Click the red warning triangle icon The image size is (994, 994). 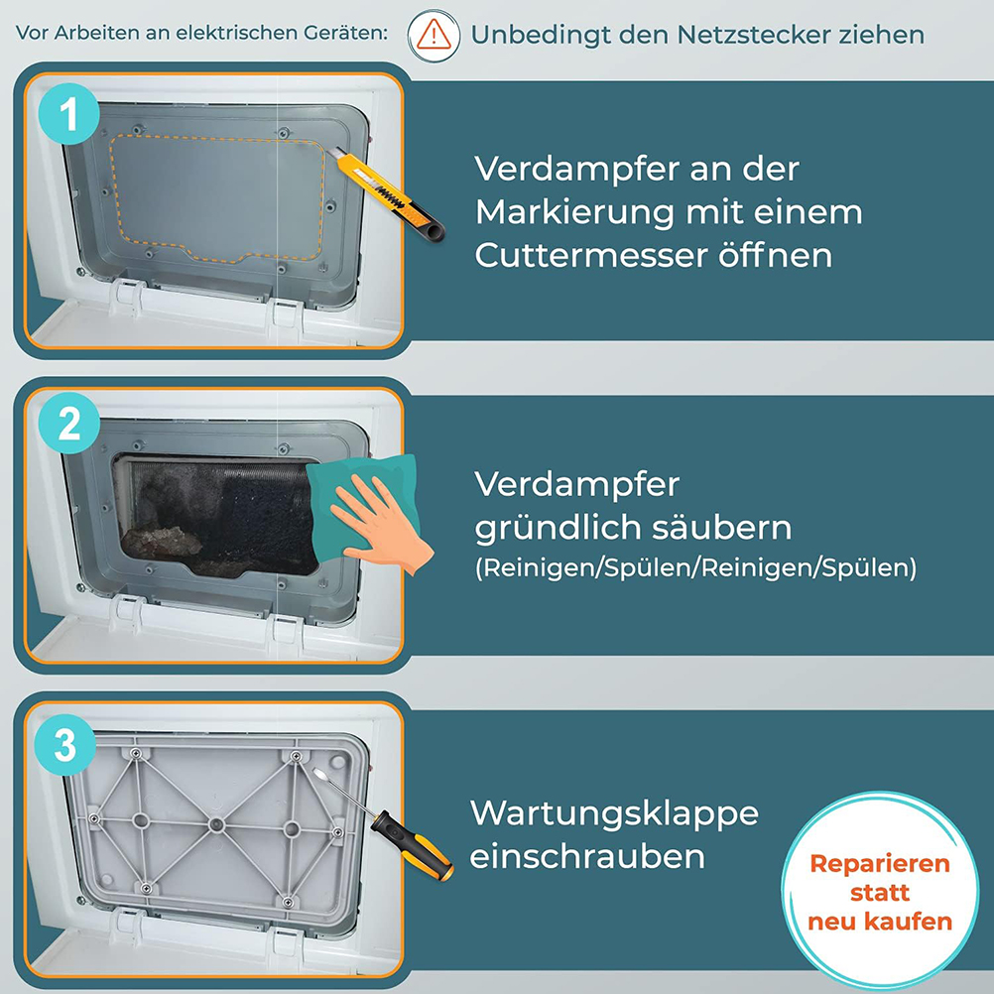click(x=434, y=35)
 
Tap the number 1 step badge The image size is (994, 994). click(x=69, y=114)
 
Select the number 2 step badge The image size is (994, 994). click(x=69, y=424)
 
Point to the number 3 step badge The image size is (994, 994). click(x=65, y=745)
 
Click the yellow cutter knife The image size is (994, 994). click(x=388, y=194)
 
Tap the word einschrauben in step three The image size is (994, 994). click(x=587, y=856)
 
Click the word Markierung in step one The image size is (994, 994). click(x=575, y=213)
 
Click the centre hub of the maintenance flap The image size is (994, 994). click(x=216, y=824)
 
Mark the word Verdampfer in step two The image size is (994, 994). click(x=577, y=485)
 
